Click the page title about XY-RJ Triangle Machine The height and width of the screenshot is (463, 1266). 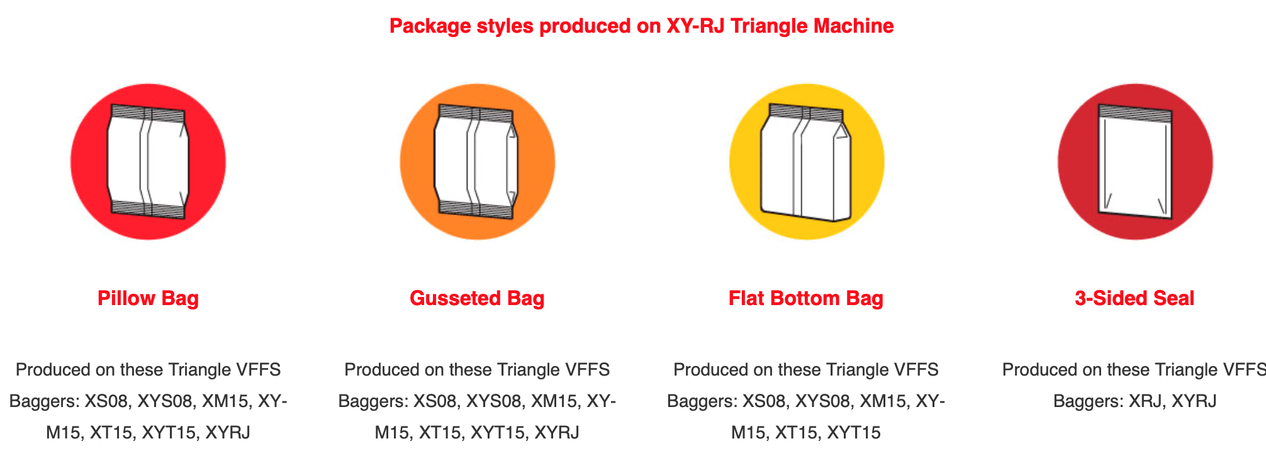pyautogui.click(x=641, y=26)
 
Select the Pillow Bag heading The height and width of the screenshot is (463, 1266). pyautogui.click(x=148, y=298)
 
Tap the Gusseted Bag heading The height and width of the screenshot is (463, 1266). pyautogui.click(x=477, y=298)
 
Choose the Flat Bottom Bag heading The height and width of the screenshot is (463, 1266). pyautogui.click(x=806, y=298)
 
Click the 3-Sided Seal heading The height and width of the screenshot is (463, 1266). pyautogui.click(x=1134, y=298)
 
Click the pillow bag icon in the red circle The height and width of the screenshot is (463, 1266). pyautogui.click(x=148, y=162)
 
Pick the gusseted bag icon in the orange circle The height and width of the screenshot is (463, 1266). pyautogui.click(x=477, y=162)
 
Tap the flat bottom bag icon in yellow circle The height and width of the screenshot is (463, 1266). pyautogui.click(x=806, y=162)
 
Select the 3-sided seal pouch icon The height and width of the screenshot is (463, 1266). pyautogui.click(x=1135, y=162)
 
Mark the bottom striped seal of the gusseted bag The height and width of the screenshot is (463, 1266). pyautogui.click(x=476, y=209)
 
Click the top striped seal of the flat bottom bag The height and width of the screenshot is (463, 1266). pyautogui.click(x=806, y=113)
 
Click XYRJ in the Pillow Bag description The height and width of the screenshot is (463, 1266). pyautogui.click(x=228, y=433)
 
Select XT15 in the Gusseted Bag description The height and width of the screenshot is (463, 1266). pyautogui.click(x=440, y=433)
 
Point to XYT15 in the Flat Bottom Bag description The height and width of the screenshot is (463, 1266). pyautogui.click(x=854, y=433)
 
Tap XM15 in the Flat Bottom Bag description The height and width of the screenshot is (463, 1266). pyautogui.click(x=883, y=401)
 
